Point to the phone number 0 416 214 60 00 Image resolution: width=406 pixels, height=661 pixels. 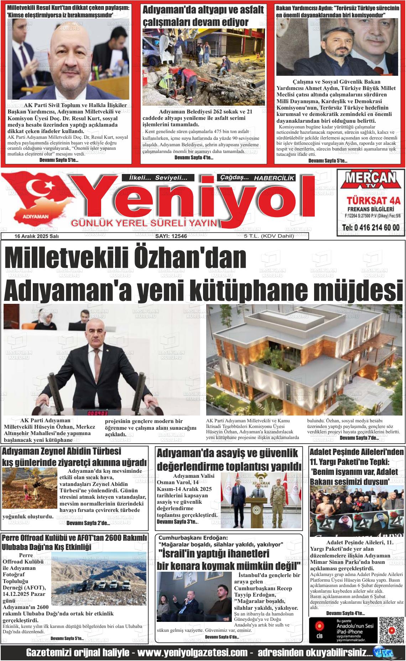pos(370,228)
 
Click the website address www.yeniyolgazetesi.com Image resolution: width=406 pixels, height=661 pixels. pos(192,653)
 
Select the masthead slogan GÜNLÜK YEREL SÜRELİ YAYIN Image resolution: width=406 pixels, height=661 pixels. pos(144,223)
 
